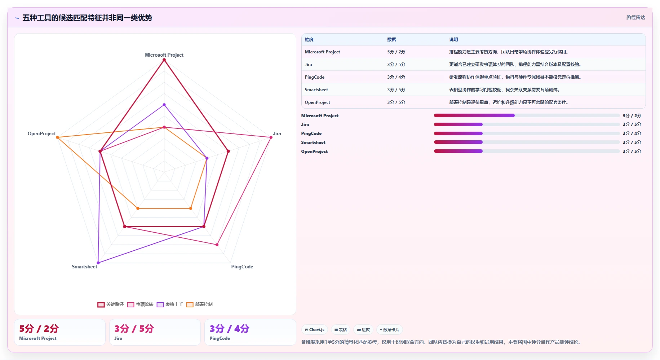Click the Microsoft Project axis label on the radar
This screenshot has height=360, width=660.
tap(164, 55)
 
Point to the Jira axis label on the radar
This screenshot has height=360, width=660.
tap(277, 133)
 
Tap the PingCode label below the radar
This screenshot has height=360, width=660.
tap(242, 267)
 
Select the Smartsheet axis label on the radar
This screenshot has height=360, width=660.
tap(84, 267)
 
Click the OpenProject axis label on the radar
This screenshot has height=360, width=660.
tap(42, 133)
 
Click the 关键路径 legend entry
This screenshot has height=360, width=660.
tap(111, 304)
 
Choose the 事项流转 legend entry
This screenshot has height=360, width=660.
tap(140, 304)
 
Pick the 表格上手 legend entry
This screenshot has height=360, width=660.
tap(170, 304)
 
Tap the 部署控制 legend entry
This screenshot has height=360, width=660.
tap(199, 304)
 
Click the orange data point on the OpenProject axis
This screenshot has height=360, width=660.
tap(57, 137)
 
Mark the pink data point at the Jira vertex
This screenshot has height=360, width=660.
tap(271, 137)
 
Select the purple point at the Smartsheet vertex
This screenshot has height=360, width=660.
tap(98, 263)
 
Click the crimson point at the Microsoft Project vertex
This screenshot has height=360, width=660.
tap(164, 60)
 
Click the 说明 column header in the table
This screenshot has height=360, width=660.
tap(453, 40)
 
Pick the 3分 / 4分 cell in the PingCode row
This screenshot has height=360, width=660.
tap(396, 77)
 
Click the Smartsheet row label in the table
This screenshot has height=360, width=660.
tap(316, 90)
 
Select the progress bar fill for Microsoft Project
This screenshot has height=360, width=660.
tap(474, 115)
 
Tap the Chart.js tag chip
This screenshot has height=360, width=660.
tap(315, 330)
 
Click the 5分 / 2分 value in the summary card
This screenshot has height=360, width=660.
tap(39, 329)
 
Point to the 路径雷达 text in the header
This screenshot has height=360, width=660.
tap(635, 17)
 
